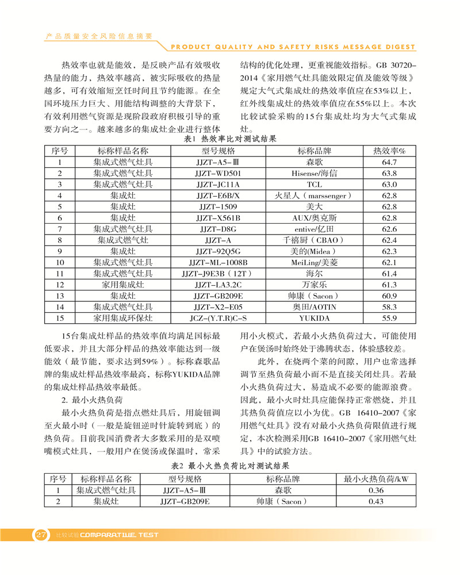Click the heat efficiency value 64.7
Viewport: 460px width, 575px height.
tap(389, 162)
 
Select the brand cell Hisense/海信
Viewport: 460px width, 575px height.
tap(314, 173)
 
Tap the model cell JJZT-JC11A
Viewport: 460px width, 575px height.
tap(218, 185)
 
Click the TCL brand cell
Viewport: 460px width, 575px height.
tap(314, 185)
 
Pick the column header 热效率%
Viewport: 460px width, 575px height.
tap(389, 151)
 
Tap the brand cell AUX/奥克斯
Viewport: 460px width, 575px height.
tap(314, 218)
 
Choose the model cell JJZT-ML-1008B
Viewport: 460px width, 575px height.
tap(218, 262)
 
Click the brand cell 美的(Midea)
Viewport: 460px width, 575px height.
tap(314, 251)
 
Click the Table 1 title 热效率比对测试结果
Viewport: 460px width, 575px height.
tap(230, 139)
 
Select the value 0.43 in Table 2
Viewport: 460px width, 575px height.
tap(375, 501)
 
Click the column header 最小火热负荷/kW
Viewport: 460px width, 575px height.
tap(375, 479)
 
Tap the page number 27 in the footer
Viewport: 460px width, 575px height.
tap(41, 535)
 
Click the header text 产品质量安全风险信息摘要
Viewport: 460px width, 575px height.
tap(98, 36)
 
